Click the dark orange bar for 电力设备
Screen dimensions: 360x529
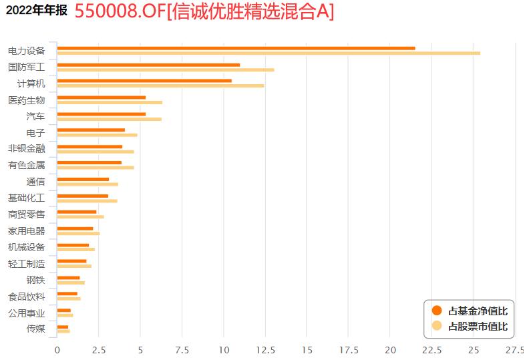pyautogui.click(x=236, y=48)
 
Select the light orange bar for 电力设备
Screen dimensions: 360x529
pyautogui.click(x=269, y=53)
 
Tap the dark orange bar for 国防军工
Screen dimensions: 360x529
pyautogui.click(x=148, y=65)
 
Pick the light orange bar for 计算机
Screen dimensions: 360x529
pyautogui.click(x=160, y=85)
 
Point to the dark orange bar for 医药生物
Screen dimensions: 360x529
pyautogui.click(x=102, y=98)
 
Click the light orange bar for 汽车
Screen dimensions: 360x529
pyautogui.click(x=110, y=119)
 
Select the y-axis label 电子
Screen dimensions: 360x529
pyautogui.click(x=35, y=133)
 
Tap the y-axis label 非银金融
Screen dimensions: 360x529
pyautogui.click(x=26, y=149)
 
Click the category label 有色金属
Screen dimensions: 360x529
pyautogui.click(x=26, y=165)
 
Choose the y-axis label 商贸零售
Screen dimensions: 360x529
pyautogui.click(x=26, y=214)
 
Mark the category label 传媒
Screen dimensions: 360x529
pyautogui.click(x=35, y=329)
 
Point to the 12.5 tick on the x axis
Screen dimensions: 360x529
pyautogui.click(x=265, y=349)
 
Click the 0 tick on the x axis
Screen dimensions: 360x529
pyautogui.click(x=57, y=349)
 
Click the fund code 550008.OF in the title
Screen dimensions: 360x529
pyautogui.click(x=118, y=11)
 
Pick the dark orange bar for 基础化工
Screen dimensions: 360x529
pyautogui.click(x=83, y=196)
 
